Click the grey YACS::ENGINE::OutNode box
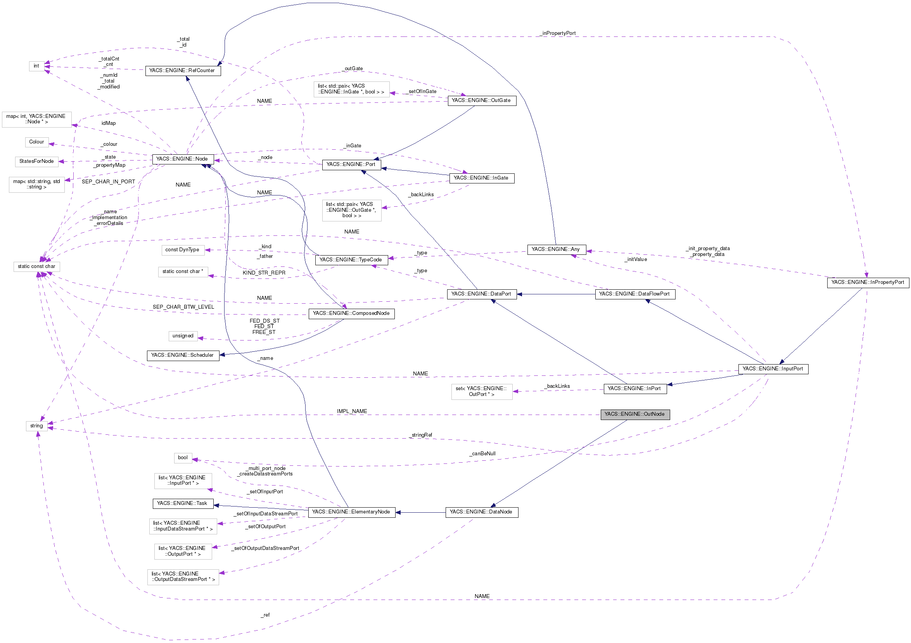click(x=634, y=414)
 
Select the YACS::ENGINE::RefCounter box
click(x=183, y=71)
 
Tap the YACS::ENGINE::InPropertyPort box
click(x=867, y=282)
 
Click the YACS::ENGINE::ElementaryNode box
click(x=351, y=512)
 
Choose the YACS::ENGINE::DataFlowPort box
click(x=634, y=294)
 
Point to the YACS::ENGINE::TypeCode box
click(x=351, y=260)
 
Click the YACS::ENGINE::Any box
click(x=556, y=249)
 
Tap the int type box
click(x=36, y=66)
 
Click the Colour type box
click(x=36, y=142)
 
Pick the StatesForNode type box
click(x=36, y=161)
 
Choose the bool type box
click(x=183, y=458)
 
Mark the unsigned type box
click(x=183, y=336)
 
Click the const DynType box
click(x=183, y=250)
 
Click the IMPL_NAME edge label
click(x=352, y=411)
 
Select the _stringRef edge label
click(x=422, y=435)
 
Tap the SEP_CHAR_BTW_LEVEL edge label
click(x=183, y=307)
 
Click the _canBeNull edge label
click(x=482, y=454)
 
